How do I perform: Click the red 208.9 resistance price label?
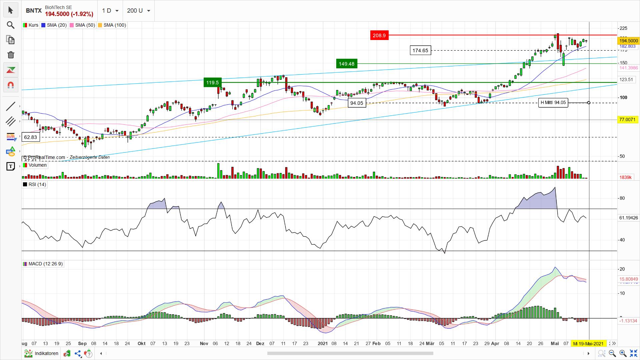tap(379, 35)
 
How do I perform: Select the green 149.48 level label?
tap(347, 64)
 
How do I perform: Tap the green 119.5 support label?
tap(212, 82)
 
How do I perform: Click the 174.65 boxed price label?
tap(420, 50)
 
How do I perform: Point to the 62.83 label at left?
tap(31, 137)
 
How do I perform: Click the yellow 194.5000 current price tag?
tap(628, 41)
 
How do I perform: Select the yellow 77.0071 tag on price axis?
tap(627, 119)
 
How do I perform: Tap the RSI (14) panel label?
tap(34, 184)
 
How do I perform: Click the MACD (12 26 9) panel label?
tap(43, 264)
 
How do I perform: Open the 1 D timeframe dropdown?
tap(110, 11)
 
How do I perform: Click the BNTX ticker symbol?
tap(34, 11)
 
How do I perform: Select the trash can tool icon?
tap(11, 55)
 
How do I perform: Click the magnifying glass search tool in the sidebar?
tap(11, 25)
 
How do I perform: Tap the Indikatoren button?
tap(42, 353)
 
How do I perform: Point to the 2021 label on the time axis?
tap(322, 343)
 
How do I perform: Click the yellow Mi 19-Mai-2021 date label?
tap(588, 343)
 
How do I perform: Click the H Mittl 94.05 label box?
tap(553, 103)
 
